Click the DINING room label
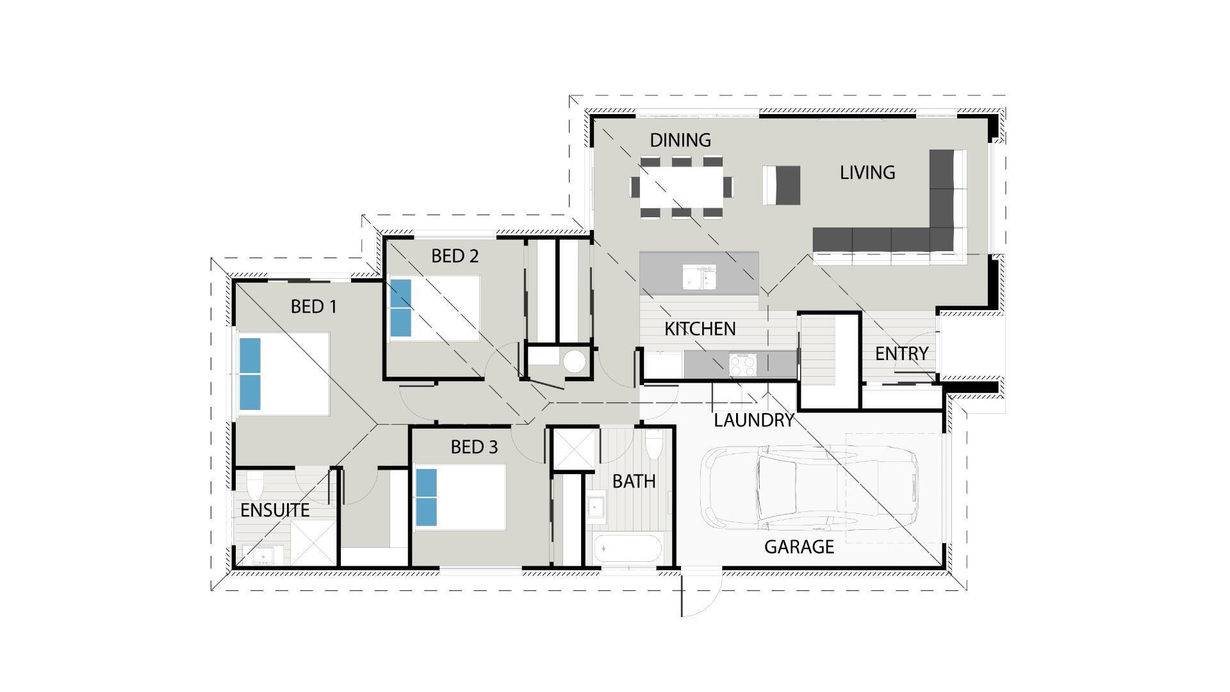680,140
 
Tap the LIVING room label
867,172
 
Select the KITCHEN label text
700,329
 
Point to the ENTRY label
901,353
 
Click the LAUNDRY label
754,420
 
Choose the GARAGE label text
799,547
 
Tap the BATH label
634,481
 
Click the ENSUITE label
275,510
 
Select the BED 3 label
474,447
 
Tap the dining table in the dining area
682,186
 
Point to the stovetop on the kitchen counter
742,365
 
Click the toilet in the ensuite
255,487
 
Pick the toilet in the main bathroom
653,445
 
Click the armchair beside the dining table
782,185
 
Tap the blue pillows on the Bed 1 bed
250,374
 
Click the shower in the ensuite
313,542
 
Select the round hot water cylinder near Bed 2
575,361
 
